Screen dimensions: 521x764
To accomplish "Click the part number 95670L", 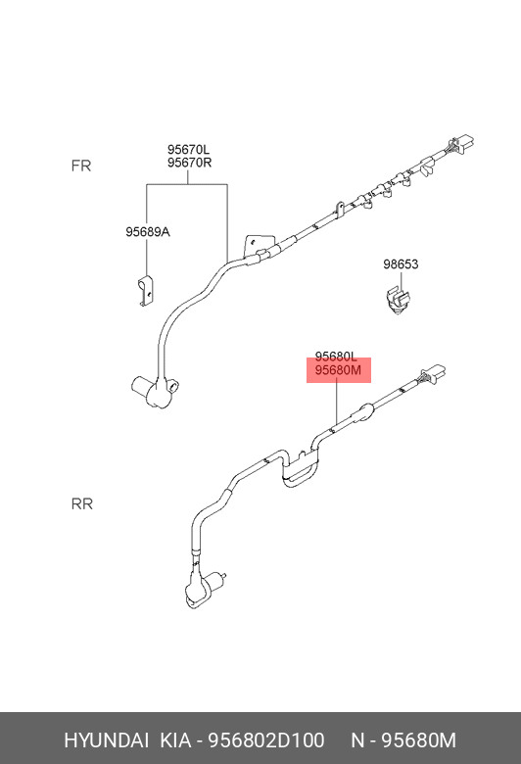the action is click(x=188, y=149).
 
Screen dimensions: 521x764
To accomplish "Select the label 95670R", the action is click(x=190, y=163).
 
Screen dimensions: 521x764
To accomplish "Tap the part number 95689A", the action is click(x=148, y=232).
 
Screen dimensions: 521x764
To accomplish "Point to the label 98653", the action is click(x=401, y=264).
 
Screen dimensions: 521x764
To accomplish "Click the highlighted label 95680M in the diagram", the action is click(x=338, y=370).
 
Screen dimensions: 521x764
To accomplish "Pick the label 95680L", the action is click(x=336, y=357).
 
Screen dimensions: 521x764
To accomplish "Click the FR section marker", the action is click(x=81, y=166).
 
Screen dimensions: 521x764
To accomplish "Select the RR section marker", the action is click(x=82, y=503).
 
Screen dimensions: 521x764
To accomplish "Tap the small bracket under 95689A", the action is click(x=145, y=291).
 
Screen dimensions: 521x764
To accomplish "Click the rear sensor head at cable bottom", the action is click(x=203, y=589).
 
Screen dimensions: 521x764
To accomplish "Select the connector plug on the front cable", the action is click(x=460, y=145).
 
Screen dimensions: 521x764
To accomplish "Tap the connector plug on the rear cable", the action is click(x=434, y=375).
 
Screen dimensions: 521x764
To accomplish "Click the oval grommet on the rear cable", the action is click(x=366, y=410).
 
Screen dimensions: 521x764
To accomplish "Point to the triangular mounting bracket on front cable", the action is click(x=256, y=244).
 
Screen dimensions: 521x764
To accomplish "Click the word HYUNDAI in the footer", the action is click(x=106, y=740).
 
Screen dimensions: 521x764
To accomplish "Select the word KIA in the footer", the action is click(x=176, y=740).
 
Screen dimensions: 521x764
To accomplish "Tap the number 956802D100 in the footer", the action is click(x=266, y=740).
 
